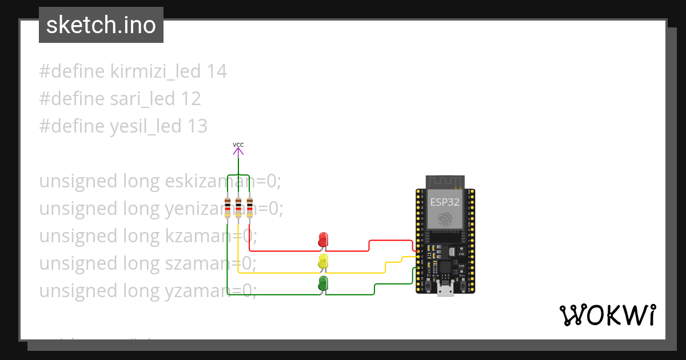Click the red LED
pyautogui.click(x=323, y=240)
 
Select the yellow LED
pyautogui.click(x=323, y=262)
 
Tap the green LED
pyautogui.click(x=323, y=283)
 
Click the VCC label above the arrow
pyautogui.click(x=238, y=145)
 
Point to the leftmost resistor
pyautogui.click(x=228, y=207)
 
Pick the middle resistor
pyautogui.click(x=238, y=207)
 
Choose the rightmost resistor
pyautogui.click(x=249, y=207)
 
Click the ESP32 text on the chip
pyautogui.click(x=445, y=202)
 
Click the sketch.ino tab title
pyautogui.click(x=101, y=25)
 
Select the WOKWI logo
pyautogui.click(x=608, y=315)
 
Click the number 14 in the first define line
pyautogui.click(x=217, y=72)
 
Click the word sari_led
pyautogui.click(x=142, y=99)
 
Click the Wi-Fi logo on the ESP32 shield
pyautogui.click(x=445, y=219)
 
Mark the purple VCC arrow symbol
pyautogui.click(x=238, y=151)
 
